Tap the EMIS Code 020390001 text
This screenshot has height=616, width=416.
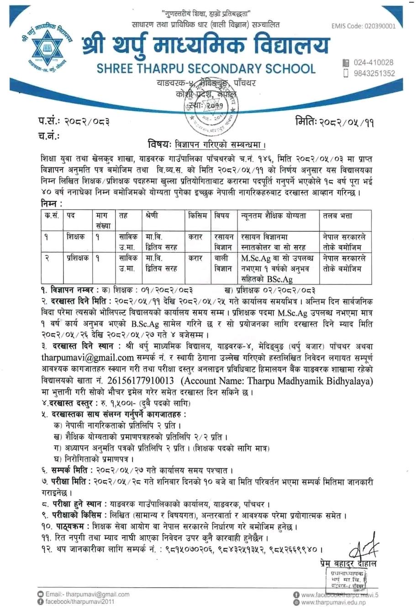point(363,26)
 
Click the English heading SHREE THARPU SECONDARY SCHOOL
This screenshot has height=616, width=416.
point(206,69)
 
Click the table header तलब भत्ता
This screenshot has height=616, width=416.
point(337,215)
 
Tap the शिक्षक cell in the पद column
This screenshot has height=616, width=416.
point(75,237)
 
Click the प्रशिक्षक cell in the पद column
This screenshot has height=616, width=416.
point(77,258)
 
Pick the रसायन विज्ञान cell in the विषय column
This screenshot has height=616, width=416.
point(224,242)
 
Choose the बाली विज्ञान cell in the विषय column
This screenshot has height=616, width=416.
point(224,263)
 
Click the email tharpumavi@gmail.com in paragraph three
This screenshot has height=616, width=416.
point(87,357)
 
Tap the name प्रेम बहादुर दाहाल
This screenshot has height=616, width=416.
point(348,564)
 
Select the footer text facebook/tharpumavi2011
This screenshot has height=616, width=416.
point(79,602)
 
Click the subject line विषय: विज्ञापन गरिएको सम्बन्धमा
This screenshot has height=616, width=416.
point(206,145)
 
